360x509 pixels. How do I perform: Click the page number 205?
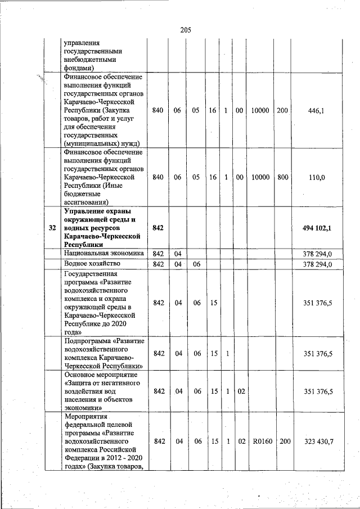[186, 30]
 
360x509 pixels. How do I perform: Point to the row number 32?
[52, 228]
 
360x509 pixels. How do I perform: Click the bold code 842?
[158, 228]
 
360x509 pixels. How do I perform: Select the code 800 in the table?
[282, 177]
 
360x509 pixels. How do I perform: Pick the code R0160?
[262, 442]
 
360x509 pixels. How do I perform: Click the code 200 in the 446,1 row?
[282, 111]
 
